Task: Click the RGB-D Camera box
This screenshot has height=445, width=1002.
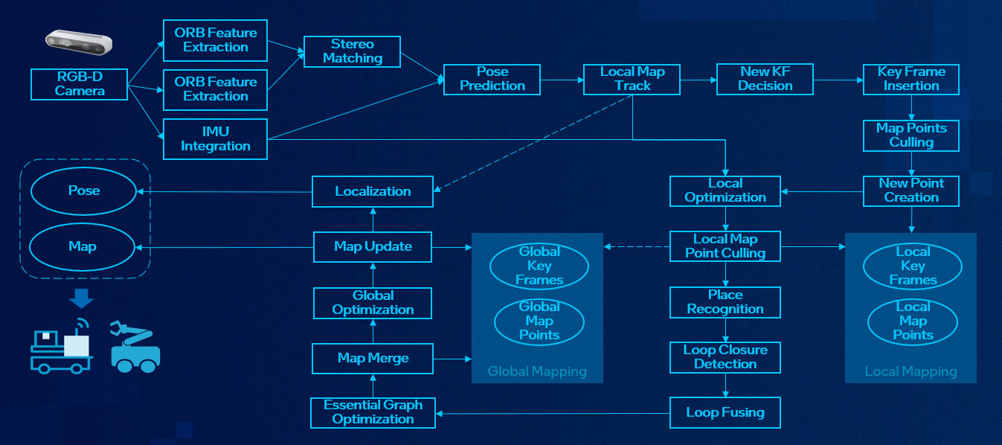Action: click(80, 84)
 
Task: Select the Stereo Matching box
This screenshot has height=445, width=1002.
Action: click(352, 51)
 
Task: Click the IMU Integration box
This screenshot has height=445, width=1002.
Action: click(215, 139)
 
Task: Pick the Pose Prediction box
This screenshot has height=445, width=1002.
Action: click(492, 79)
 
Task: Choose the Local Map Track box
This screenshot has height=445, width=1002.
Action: click(632, 79)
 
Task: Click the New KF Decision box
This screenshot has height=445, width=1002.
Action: click(765, 79)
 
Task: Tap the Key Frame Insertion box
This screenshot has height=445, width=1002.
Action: click(911, 79)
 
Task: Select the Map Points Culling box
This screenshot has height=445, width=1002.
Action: click(911, 135)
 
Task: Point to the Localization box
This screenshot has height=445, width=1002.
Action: click(373, 191)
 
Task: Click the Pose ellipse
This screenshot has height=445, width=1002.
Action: click(83, 191)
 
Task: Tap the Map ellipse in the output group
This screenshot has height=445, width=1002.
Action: click(83, 246)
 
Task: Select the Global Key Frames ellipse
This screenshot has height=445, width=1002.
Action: click(539, 266)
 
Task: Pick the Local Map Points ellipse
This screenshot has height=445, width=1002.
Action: click(913, 321)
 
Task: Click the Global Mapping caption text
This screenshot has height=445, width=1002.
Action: click(537, 371)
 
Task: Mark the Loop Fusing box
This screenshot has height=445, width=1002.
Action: click(725, 412)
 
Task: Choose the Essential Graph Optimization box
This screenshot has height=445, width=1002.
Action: click(373, 412)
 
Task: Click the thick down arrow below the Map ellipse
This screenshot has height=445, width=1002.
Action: click(81, 298)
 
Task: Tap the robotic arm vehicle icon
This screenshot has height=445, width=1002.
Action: click(135, 346)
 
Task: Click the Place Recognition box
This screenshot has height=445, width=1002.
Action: click(725, 302)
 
